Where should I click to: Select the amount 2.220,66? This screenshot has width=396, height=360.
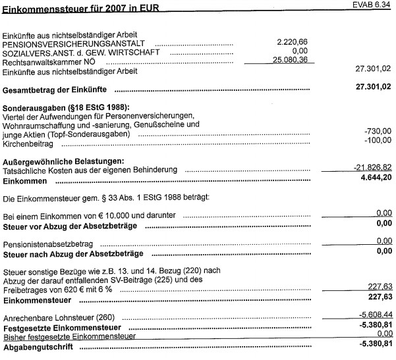(x=293, y=41)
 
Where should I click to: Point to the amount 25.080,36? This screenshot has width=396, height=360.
(x=289, y=59)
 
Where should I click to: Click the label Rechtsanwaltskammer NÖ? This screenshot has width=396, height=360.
(x=50, y=61)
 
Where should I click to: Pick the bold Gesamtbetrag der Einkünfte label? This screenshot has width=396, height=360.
(x=59, y=89)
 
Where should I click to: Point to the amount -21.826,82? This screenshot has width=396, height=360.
(x=370, y=168)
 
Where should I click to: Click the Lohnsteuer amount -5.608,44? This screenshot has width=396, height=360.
(x=372, y=315)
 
